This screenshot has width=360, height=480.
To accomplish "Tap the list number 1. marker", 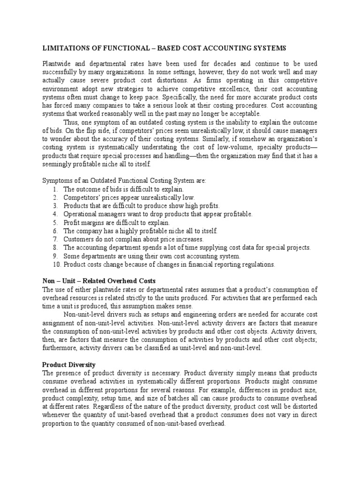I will tap(55, 189).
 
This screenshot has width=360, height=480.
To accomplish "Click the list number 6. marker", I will tap(55, 231).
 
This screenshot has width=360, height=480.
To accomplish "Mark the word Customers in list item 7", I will tap(79, 239).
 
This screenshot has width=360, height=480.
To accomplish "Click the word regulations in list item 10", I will tap(258, 264).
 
